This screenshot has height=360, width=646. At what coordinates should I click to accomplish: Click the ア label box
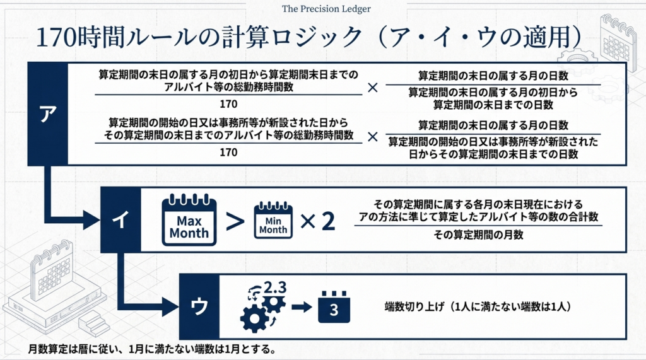(x=47, y=113)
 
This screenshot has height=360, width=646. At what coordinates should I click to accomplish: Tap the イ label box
(x=119, y=219)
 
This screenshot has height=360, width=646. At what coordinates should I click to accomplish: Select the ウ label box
(x=199, y=306)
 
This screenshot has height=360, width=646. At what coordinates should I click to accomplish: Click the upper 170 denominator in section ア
(x=229, y=104)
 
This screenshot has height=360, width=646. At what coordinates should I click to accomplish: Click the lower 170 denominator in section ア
(x=229, y=153)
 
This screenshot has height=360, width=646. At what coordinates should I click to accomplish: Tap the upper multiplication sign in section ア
(x=373, y=88)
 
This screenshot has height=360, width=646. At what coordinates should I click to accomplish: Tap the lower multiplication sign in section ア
(x=373, y=136)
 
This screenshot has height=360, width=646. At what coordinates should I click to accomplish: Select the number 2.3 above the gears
(x=274, y=287)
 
